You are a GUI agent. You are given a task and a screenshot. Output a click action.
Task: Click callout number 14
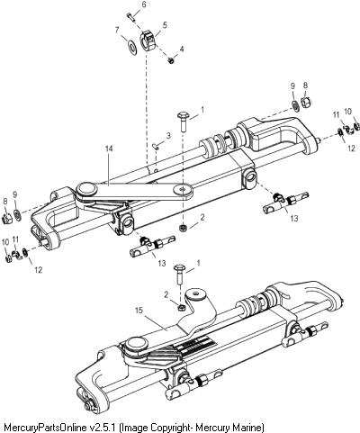click(109, 149)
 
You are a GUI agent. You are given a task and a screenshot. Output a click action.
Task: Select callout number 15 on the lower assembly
click(139, 311)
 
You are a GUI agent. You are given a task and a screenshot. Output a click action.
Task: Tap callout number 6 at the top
click(144, 5)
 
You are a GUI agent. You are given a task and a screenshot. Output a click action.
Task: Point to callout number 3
click(168, 136)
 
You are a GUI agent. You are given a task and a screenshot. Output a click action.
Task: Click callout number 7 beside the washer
click(117, 30)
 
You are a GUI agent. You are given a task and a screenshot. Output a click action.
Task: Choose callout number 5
click(165, 25)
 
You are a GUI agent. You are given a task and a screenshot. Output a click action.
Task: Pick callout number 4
click(182, 49)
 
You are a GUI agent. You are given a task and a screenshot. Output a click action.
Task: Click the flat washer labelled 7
click(132, 48)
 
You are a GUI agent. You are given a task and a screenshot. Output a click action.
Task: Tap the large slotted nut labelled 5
click(148, 41)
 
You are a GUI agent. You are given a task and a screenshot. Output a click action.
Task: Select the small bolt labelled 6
click(130, 16)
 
